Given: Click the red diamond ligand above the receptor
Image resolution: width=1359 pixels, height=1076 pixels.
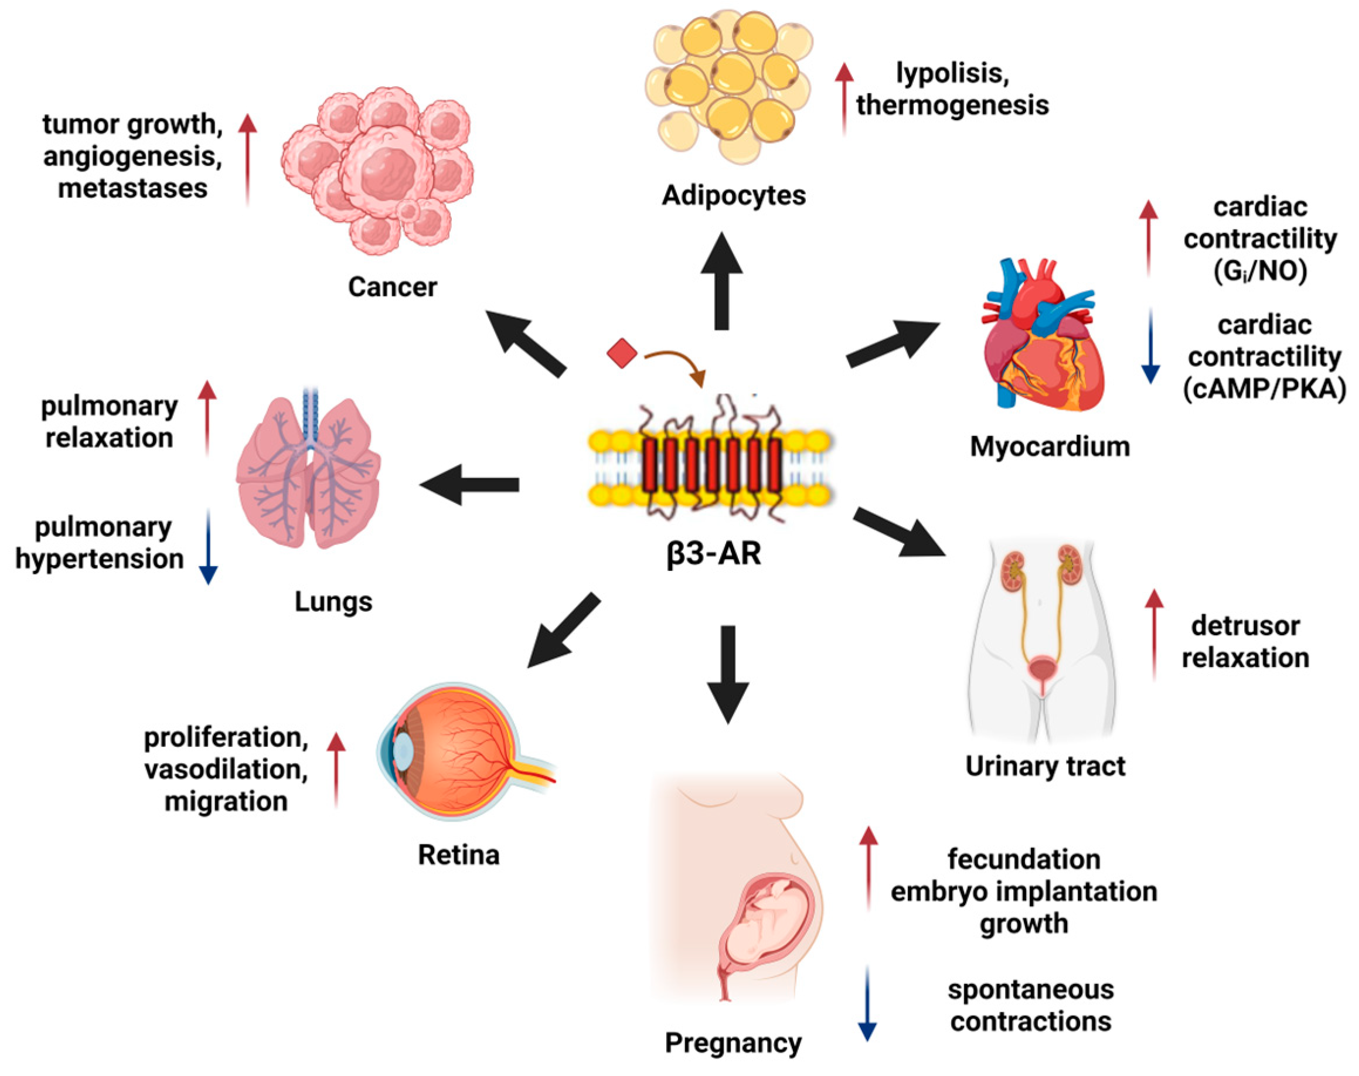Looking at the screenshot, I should click(x=622, y=353).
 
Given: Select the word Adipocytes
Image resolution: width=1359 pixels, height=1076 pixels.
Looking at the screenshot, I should click(x=733, y=195).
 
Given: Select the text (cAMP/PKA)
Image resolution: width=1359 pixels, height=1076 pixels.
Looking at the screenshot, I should click(x=1264, y=389).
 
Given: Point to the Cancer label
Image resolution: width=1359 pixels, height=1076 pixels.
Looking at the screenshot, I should click(x=392, y=287).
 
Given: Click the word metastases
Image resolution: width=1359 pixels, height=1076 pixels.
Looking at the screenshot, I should click(x=132, y=188).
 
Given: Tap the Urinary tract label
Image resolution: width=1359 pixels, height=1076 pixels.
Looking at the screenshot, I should click(x=1045, y=766).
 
